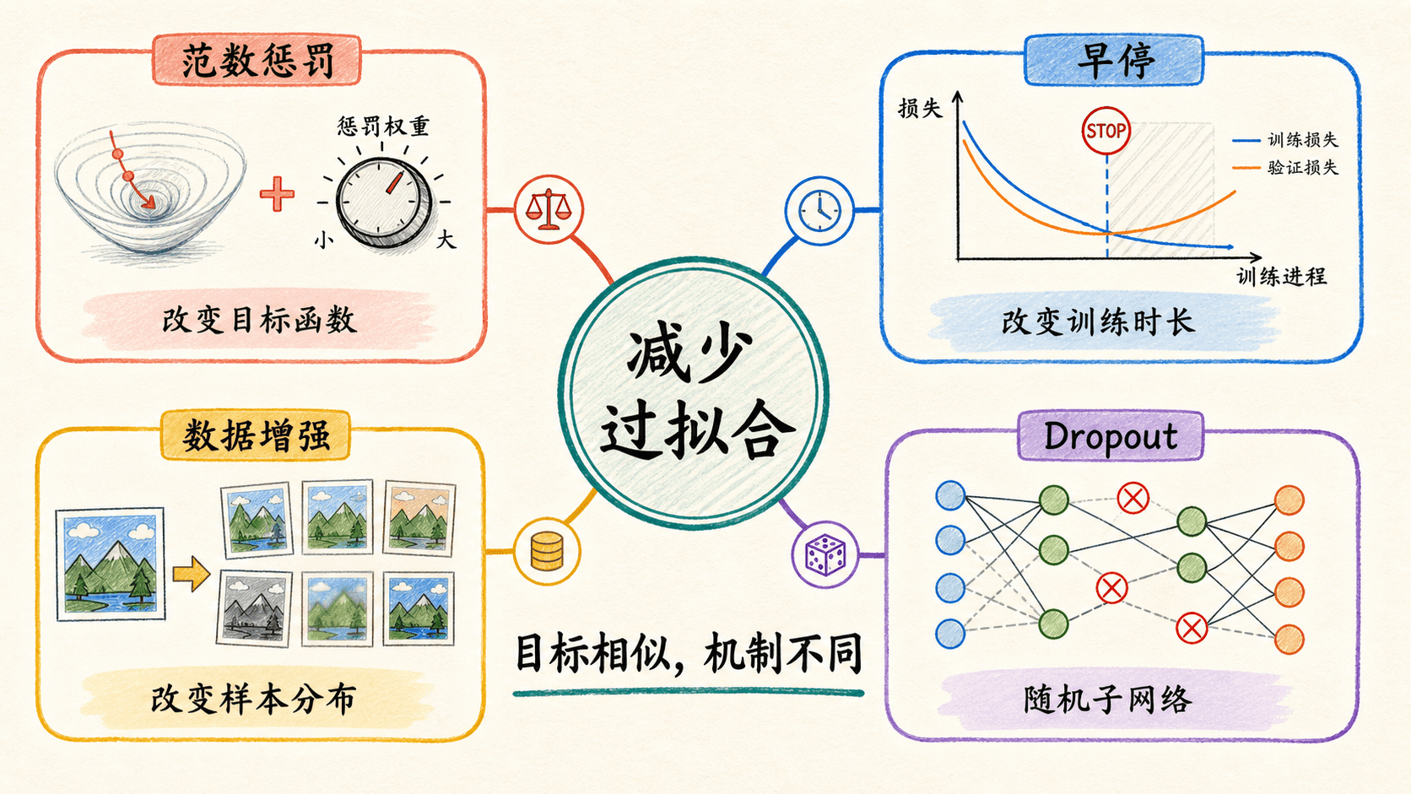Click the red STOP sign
pos(1106,131)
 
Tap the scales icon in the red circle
pos(548,209)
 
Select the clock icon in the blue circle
pos(819,210)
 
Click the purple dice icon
pos(825,554)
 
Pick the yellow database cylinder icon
pos(547,552)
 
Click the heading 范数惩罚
pos(257,61)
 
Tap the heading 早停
pos(1115,61)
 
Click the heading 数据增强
pos(256,435)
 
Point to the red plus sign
pos(277,194)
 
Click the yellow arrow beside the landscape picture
pos(191,574)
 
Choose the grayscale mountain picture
pos(254,608)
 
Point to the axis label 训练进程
pos(1282,277)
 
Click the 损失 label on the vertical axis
pos(921,109)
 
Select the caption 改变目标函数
pos(260,321)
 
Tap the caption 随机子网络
pos(1108,699)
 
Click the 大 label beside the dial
pos(446,240)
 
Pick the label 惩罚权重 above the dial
pos(383,126)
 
